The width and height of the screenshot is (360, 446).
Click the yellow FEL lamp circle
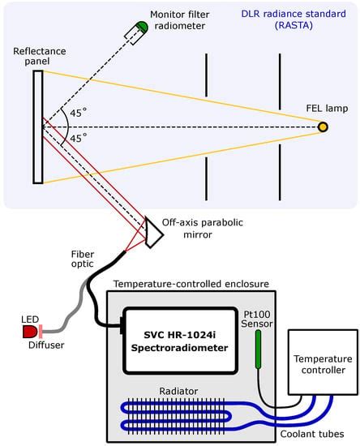(x=323, y=127)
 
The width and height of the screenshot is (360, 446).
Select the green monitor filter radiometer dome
(x=142, y=27)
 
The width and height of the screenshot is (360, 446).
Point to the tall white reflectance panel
(x=38, y=127)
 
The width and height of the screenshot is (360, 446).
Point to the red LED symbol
(x=31, y=332)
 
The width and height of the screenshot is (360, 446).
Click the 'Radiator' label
(x=178, y=392)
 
